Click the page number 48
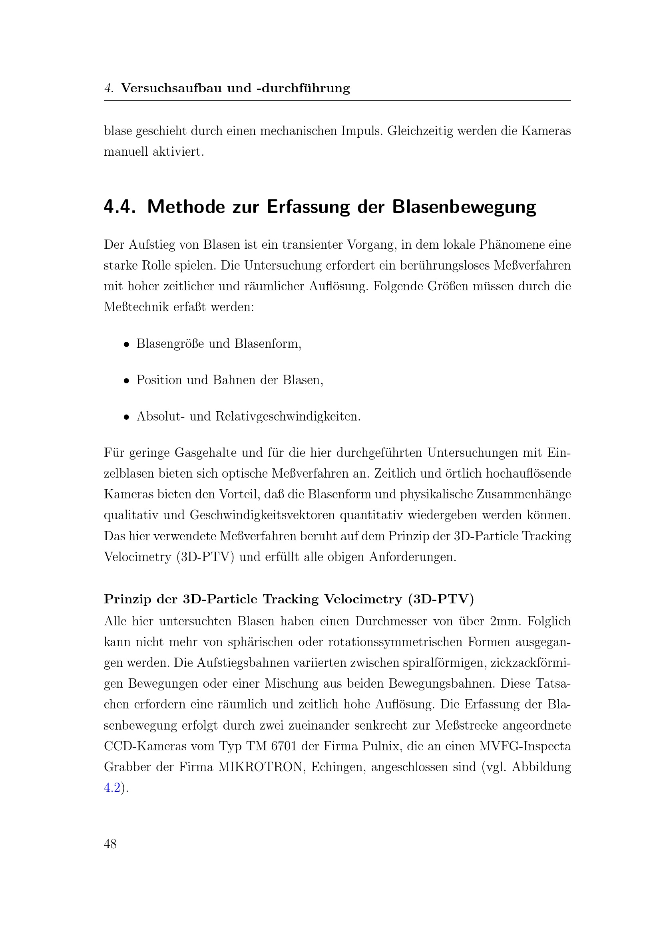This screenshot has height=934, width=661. point(110,844)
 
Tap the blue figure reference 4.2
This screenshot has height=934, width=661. point(112,788)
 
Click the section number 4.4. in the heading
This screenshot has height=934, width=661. point(119,207)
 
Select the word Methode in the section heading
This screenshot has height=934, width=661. point(186,207)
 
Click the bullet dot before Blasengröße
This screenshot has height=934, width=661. point(127,344)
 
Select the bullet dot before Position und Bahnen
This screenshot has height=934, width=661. point(127,381)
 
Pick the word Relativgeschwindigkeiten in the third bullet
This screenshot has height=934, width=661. point(288,416)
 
